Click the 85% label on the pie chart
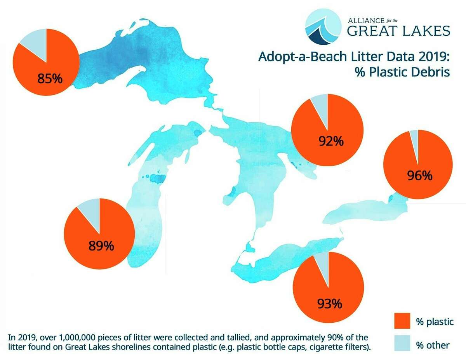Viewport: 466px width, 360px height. [x=50, y=79]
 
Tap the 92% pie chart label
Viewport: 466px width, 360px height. [x=331, y=141]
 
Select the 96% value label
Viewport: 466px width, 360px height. [x=420, y=176]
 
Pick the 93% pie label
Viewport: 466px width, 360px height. [x=329, y=303]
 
